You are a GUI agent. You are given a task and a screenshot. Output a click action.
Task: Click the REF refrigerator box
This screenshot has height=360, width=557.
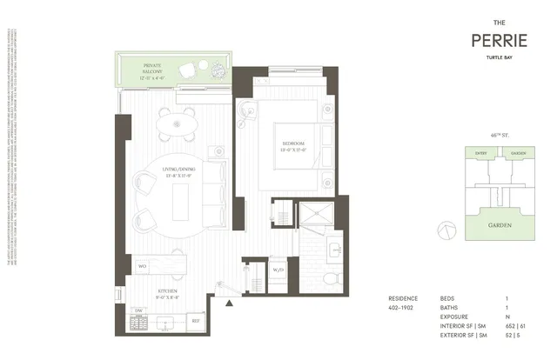[x=196, y=321]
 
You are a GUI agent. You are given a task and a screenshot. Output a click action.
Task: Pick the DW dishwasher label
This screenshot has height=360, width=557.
[x=138, y=311]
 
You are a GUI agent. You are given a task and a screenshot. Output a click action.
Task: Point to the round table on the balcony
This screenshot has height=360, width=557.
[x=188, y=70]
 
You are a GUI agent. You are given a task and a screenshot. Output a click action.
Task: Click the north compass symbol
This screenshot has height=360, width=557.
[x=446, y=228]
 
